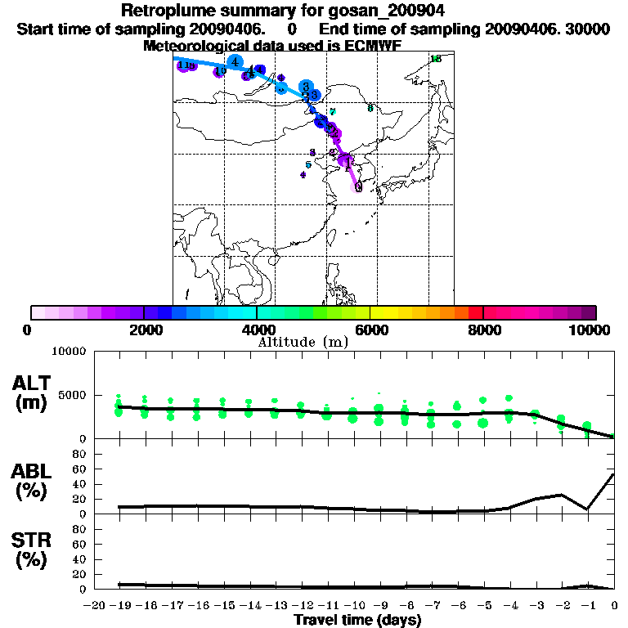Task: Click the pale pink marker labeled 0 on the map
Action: [357, 187]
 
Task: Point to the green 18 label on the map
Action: [435, 59]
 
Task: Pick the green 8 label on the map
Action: [370, 108]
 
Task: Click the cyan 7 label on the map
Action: [332, 112]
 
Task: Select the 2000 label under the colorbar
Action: [144, 330]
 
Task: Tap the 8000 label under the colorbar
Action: [483, 330]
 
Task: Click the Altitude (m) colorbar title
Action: [303, 342]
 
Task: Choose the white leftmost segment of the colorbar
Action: [38, 312]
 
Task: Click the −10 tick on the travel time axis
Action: [352, 605]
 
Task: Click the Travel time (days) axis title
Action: [357, 620]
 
